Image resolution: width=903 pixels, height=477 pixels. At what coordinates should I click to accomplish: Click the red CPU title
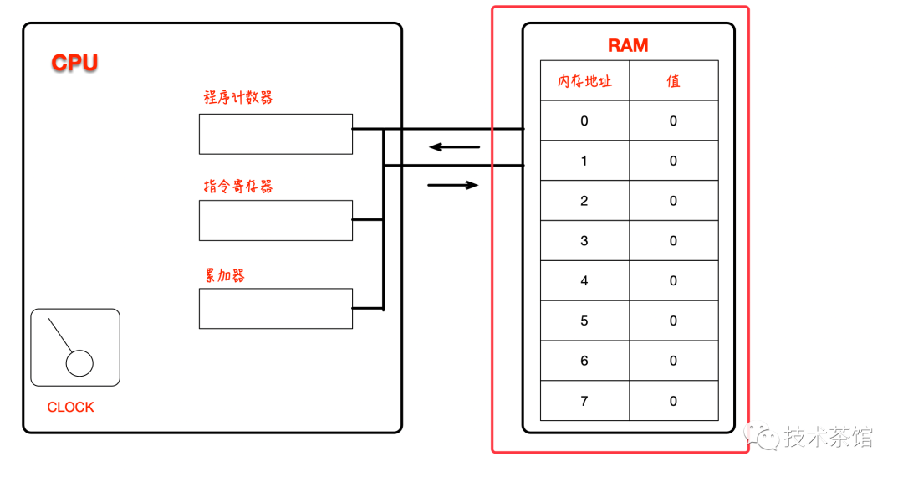[74, 63]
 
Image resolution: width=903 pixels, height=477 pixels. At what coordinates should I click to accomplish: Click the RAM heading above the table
[628, 45]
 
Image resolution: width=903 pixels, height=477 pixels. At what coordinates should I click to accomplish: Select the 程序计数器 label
[238, 98]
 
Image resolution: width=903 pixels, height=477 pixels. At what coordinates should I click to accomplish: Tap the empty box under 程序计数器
[275, 134]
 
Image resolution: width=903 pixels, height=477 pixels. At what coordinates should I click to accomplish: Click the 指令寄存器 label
[238, 187]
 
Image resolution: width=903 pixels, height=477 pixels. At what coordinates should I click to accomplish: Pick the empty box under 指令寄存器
[275, 220]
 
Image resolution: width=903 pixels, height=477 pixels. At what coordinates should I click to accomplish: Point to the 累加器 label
[225, 275]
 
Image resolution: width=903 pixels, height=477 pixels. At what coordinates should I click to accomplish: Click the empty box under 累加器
[275, 308]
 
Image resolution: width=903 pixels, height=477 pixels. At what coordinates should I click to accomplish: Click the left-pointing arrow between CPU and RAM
[455, 147]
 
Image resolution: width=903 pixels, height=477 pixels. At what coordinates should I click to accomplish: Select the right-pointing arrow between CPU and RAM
[453, 185]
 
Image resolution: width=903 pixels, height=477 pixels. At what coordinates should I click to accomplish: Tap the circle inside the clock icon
[79, 363]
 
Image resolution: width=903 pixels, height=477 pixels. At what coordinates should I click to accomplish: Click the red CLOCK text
[70, 408]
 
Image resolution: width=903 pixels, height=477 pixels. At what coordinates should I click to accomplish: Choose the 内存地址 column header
[584, 81]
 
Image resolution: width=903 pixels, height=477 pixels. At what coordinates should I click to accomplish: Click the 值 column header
[673, 81]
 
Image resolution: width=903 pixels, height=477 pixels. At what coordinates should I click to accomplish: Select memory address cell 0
[584, 121]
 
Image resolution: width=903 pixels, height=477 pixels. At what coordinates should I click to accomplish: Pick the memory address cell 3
[584, 241]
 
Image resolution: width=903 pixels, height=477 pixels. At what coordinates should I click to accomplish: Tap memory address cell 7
[584, 401]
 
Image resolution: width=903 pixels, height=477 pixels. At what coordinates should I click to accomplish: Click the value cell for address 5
[673, 321]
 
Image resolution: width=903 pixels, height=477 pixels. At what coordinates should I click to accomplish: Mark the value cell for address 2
[673, 201]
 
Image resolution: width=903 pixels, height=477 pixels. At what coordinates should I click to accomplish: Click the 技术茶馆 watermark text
[828, 436]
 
